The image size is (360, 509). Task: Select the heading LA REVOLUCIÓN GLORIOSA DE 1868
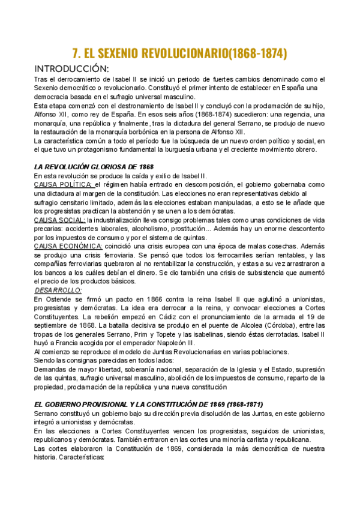[94, 166]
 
